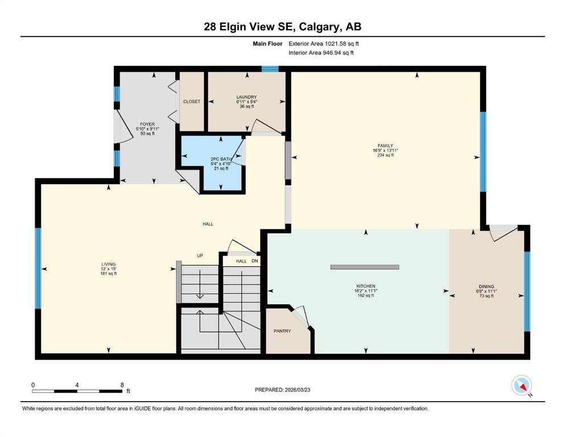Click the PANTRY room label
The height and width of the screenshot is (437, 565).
(x=282, y=331)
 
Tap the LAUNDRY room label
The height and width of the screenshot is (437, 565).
(x=246, y=97)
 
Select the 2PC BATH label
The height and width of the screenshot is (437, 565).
(x=221, y=159)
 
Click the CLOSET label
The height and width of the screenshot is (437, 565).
(x=191, y=102)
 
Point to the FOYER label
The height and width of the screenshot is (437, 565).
(x=147, y=124)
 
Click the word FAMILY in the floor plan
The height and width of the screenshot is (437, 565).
(x=385, y=146)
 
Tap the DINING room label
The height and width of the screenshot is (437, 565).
(x=486, y=287)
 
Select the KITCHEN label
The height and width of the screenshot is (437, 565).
(x=366, y=286)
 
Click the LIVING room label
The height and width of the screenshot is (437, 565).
(x=109, y=264)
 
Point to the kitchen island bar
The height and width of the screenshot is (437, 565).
(x=365, y=267)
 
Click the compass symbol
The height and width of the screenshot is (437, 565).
(x=521, y=385)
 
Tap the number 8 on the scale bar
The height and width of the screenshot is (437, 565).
(x=122, y=385)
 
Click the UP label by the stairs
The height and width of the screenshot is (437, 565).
(x=200, y=255)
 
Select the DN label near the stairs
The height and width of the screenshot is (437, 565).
(x=255, y=261)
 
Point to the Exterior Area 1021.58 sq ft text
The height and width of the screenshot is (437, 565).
(x=324, y=44)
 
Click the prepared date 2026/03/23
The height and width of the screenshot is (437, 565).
(x=297, y=390)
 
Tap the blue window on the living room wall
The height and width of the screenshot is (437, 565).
(x=38, y=268)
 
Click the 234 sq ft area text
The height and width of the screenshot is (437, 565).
(x=385, y=155)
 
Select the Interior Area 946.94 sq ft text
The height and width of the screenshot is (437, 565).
(x=321, y=52)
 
